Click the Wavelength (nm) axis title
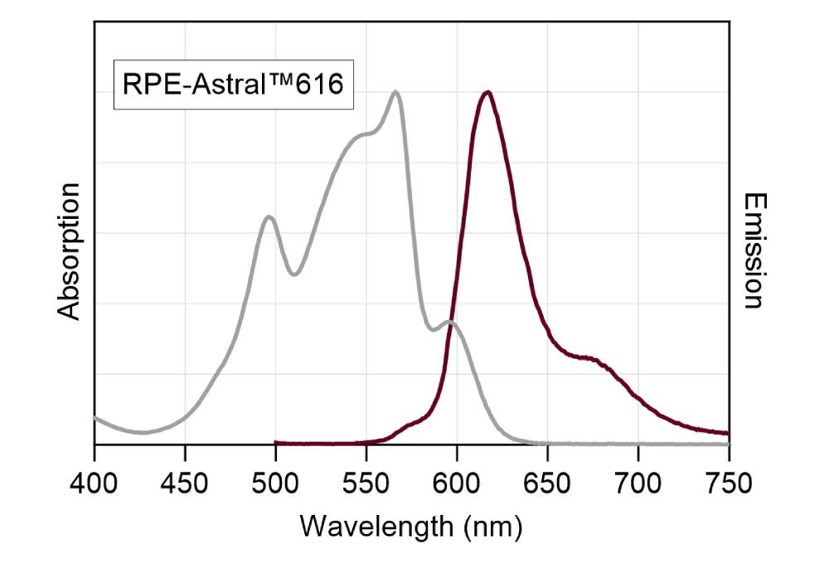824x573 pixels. point(411,526)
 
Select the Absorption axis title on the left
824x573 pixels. point(70,251)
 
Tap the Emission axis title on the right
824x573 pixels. point(752,251)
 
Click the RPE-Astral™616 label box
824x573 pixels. point(234,85)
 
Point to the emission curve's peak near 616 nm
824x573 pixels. point(487,92)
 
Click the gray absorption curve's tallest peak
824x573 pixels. point(395,92)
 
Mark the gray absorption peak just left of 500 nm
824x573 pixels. point(269,216)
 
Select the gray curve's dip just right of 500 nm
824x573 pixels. point(294,274)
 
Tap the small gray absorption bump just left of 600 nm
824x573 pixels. point(449,322)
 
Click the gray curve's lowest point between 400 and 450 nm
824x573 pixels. point(143,432)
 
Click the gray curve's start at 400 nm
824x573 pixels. point(95,416)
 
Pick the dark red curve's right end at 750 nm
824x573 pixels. point(728,433)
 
